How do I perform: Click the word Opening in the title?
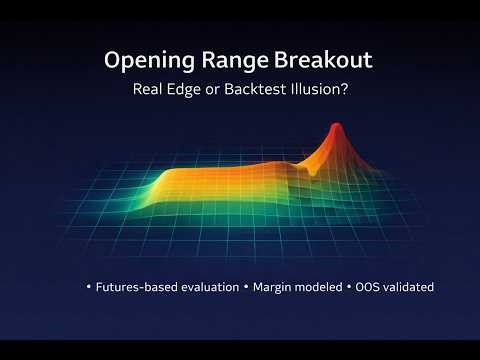coord(145,61)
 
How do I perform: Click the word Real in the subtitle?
coord(148,89)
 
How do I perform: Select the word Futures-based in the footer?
coord(136,287)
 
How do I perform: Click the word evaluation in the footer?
coord(208,287)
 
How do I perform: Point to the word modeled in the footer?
coord(322,287)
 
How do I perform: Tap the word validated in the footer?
coord(413,287)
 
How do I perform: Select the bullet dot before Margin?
coord(246,287)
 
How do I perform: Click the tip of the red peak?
coord(335,125)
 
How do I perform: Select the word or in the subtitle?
coord(211,89)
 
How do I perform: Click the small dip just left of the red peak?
coord(318,170)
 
